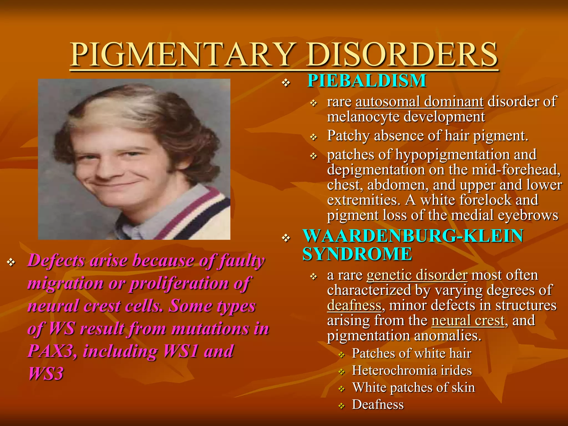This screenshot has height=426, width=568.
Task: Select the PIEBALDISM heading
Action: tap(367, 81)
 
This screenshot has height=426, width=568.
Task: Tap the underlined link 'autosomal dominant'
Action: tap(419, 102)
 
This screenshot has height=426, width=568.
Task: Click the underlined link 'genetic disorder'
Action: tap(417, 275)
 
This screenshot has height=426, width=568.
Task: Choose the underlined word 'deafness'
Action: tap(354, 306)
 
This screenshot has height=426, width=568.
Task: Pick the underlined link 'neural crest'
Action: tap(468, 321)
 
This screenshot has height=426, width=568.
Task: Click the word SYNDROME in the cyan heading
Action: tap(357, 254)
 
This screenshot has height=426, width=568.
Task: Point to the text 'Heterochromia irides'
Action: tap(412, 371)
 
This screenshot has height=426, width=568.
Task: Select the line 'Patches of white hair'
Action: tap(412, 354)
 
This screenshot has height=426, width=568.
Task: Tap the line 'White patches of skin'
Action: tap(414, 388)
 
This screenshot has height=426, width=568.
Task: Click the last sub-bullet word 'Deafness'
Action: tap(378, 405)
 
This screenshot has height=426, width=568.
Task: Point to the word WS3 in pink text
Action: tap(46, 374)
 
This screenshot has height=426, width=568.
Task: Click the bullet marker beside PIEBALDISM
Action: tap(286, 83)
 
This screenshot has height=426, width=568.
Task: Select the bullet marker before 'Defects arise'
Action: tap(11, 262)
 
